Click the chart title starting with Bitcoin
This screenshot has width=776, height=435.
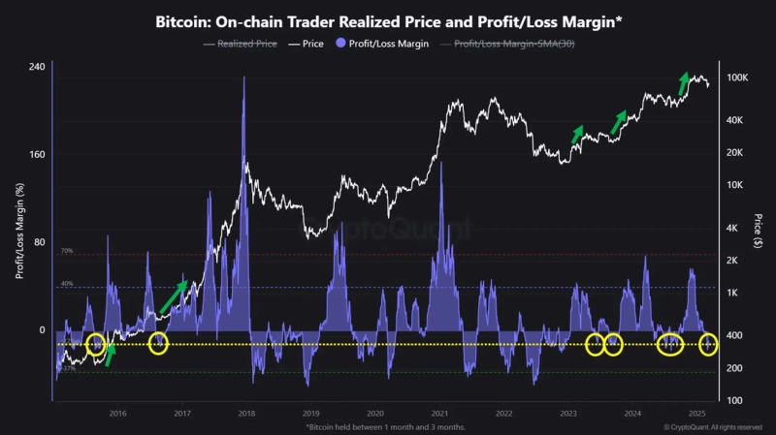388,21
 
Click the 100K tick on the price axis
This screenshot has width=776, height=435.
736,78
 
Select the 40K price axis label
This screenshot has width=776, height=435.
735,120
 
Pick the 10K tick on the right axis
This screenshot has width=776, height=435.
735,185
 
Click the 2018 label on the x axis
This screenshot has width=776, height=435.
246,413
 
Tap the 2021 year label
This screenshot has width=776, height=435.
439,413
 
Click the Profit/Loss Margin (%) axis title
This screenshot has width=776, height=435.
18,233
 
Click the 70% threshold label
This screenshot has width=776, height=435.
67,251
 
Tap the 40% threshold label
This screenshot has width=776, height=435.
67,284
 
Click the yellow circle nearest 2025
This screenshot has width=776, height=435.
709,343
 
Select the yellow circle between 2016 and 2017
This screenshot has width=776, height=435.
158,343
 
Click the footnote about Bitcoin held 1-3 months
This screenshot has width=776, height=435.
387,426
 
